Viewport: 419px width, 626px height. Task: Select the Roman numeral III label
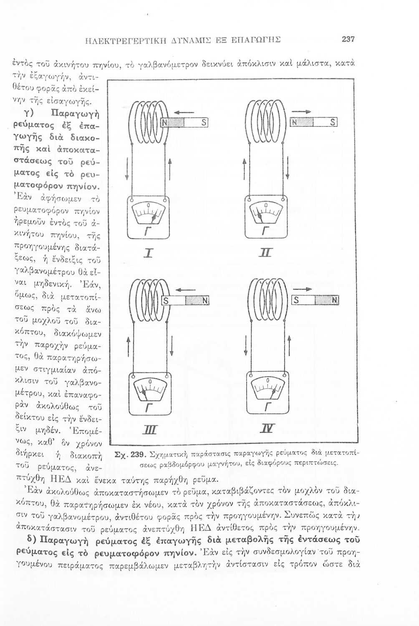[149, 430]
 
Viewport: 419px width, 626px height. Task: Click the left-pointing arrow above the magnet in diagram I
[182, 112]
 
